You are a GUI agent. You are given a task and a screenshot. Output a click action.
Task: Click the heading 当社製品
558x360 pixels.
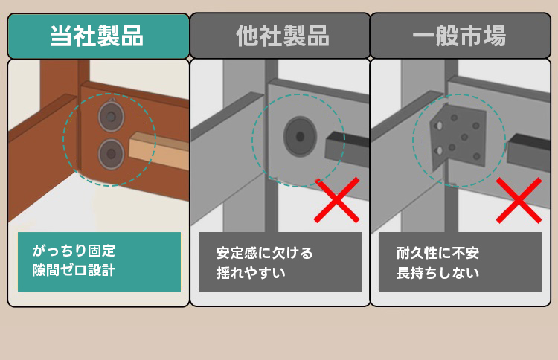tap(97, 36)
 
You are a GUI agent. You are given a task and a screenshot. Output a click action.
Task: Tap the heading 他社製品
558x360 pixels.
tap(283, 36)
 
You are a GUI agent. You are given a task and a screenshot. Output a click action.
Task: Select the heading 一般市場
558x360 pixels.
tap(459, 36)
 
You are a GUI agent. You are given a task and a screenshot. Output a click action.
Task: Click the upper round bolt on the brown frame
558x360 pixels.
tap(111, 116)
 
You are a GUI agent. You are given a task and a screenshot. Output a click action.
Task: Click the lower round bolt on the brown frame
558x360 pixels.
tap(111, 154)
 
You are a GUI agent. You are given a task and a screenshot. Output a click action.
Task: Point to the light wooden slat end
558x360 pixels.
tap(159, 150)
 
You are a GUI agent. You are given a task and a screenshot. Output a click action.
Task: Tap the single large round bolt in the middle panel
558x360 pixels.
tap(300, 136)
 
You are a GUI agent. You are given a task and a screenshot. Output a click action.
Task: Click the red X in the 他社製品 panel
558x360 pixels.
tap(336, 200)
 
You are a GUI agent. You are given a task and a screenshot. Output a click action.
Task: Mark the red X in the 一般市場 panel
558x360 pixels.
tap(519, 200)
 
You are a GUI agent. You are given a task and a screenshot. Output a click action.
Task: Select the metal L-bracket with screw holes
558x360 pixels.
tap(458, 137)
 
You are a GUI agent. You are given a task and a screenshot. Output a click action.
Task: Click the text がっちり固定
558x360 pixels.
tap(74, 251)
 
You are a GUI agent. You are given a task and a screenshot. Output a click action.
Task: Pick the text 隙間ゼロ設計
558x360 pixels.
tap(74, 270)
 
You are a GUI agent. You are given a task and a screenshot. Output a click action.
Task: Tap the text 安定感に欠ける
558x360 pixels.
tap(264, 253)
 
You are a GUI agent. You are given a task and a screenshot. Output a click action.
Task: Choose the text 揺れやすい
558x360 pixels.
tap(251, 273)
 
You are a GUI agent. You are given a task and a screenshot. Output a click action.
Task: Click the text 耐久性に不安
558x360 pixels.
tap(437, 253)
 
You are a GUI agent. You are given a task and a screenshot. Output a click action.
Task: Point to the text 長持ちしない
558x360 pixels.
tap(437, 273)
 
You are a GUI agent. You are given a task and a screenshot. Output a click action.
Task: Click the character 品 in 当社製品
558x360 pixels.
tap(132, 36)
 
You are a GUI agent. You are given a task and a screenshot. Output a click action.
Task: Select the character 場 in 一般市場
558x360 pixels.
tap(494, 36)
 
